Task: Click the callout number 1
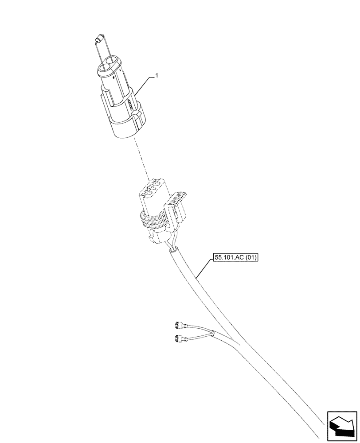click(x=156, y=77)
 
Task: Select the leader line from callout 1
click(x=145, y=84)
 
